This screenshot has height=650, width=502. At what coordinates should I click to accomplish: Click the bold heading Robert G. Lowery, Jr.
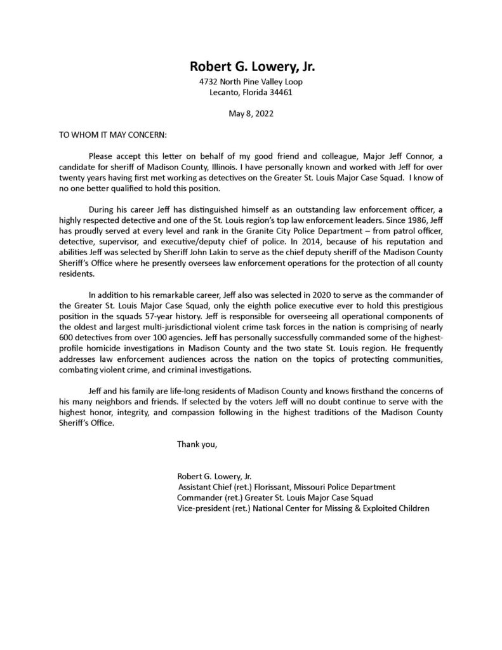pyautogui.click(x=251, y=67)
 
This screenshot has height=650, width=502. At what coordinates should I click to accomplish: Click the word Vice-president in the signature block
pyautogui.click(x=202, y=508)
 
